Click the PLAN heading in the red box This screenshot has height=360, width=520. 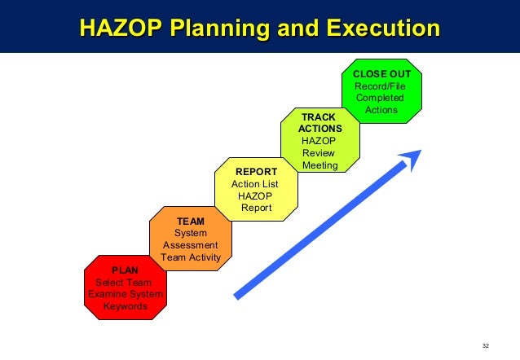pos(125,270)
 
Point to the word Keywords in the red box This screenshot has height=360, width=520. pos(125,307)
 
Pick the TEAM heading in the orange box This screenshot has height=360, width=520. pos(191,221)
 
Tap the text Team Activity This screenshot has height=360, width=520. pos(191,257)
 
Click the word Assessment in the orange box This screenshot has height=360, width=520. pos(191,245)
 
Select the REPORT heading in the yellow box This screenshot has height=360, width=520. pos(256,172)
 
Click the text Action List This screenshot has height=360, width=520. pos(255,184)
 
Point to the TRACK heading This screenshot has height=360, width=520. pos(319,117)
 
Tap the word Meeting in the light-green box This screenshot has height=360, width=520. pos(319,166)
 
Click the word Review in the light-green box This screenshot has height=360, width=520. pos(318,153)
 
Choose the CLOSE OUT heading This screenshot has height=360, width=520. pos(381,73)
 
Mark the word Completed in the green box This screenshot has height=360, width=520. pos(379,98)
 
